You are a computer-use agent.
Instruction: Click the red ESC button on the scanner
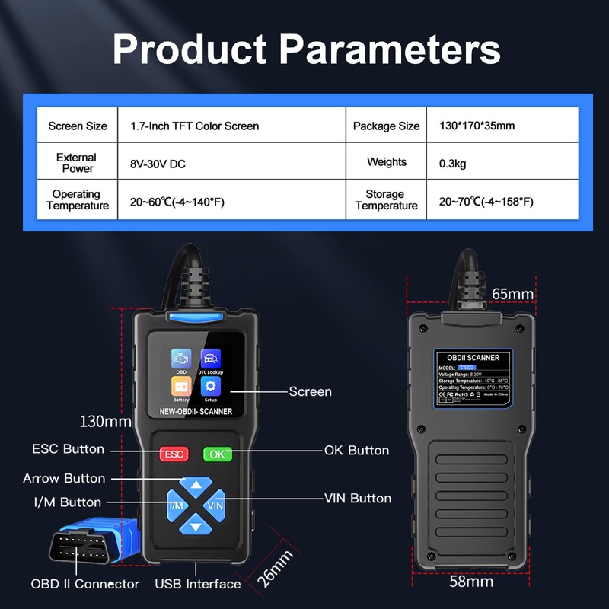point(174,454)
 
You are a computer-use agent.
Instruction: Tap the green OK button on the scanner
point(218,454)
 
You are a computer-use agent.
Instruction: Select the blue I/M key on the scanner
point(176,505)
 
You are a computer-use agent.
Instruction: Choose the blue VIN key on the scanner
point(216,505)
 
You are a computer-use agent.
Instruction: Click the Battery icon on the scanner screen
point(181,387)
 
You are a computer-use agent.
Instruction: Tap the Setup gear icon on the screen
point(211,387)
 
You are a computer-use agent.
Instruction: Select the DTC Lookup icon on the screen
point(211,359)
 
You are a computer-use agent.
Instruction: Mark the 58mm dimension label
point(471,582)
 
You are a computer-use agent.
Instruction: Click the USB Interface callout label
point(198,584)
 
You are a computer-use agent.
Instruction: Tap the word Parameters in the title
point(389,49)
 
